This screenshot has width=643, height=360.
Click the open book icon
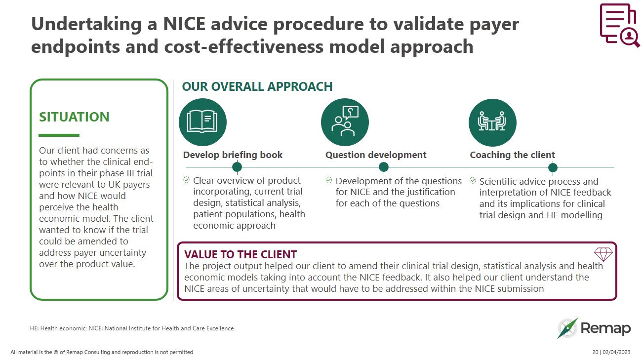coord(202,122)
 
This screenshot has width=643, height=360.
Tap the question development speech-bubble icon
coord(345,122)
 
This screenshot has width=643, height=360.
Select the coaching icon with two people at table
coord(492,122)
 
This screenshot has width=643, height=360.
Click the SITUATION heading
coord(74,117)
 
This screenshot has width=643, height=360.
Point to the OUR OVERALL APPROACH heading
coord(257,87)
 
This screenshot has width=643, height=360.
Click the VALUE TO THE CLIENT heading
coord(240,255)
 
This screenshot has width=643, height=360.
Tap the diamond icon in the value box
coord(603,254)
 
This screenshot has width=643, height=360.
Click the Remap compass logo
coord(567,328)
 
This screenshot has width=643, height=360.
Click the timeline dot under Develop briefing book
coord(237,167)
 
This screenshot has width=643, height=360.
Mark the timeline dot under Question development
coord(384,167)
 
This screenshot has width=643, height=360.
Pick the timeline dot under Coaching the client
coord(553,167)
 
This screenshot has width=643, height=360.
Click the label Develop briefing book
coord(233,155)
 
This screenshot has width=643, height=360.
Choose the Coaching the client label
coord(512,155)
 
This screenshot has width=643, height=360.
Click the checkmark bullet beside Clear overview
coord(186,180)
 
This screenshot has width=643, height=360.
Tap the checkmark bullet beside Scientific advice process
coord(473,181)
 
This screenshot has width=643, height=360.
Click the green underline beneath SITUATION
coord(59,135)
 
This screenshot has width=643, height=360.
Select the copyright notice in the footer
coord(102,352)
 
